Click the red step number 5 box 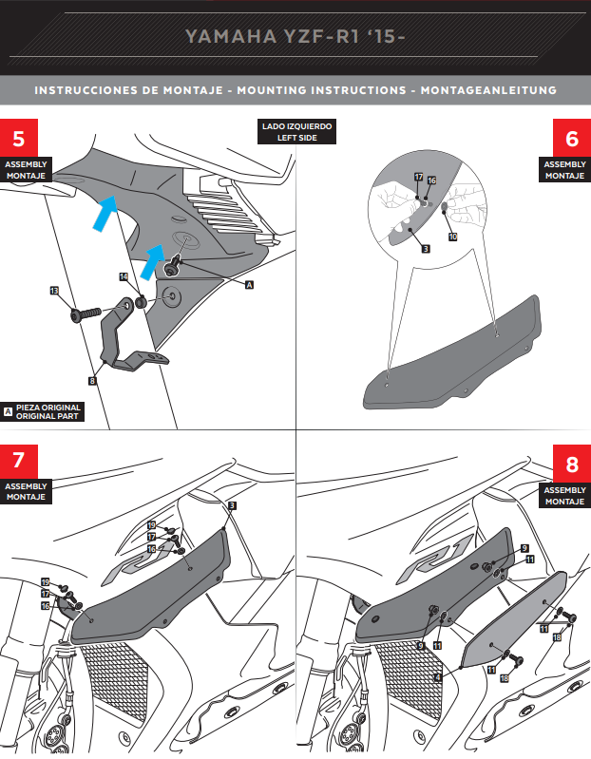coord(19,139)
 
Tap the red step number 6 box coord(571,139)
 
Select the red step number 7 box coord(19,463)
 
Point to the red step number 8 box coord(571,465)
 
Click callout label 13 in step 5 coord(54,290)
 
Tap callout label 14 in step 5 coord(124,276)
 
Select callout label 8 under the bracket coord(92,381)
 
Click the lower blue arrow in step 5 coord(153,258)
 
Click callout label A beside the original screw coord(250,284)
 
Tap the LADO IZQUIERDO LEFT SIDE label coord(297,132)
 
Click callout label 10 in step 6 coord(452,236)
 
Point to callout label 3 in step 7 coord(231,506)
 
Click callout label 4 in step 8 coord(437,677)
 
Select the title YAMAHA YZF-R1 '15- coord(295,37)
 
